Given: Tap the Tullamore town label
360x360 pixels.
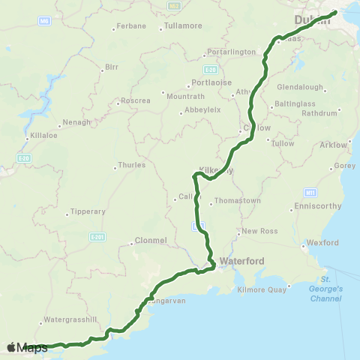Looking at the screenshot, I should coord(184,25).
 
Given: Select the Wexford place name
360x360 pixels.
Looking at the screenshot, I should coord(323,243).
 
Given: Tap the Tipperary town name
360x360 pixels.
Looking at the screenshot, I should coord(88,211).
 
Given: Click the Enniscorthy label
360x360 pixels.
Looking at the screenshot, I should coord(319,205).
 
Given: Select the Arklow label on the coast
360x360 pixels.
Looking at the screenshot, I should coord(335,144).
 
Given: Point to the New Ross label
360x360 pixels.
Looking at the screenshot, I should coord(259,231).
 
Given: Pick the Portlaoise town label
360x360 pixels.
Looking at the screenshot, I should coord(209,82).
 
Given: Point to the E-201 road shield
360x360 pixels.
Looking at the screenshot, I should coord(96,237).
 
